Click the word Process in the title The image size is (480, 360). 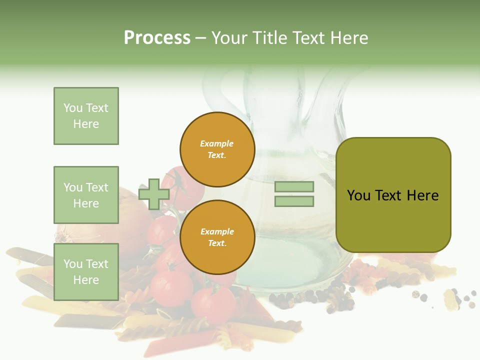point(157,38)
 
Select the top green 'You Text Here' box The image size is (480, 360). point(86,116)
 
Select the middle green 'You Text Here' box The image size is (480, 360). point(86,195)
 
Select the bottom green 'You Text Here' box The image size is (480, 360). point(86,272)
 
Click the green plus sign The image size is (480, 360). point(154,194)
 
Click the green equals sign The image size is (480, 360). point(294,194)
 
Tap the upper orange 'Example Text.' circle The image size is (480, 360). point(217,149)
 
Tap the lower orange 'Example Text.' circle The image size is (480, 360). point(217,237)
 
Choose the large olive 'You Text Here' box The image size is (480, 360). point(393,195)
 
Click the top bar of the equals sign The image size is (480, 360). point(294,187)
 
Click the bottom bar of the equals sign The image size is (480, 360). point(294,201)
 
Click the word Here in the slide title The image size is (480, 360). point(348,38)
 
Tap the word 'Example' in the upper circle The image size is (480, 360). point(217,144)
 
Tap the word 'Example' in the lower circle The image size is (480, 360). point(217,232)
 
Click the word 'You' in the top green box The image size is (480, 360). point(73,108)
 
